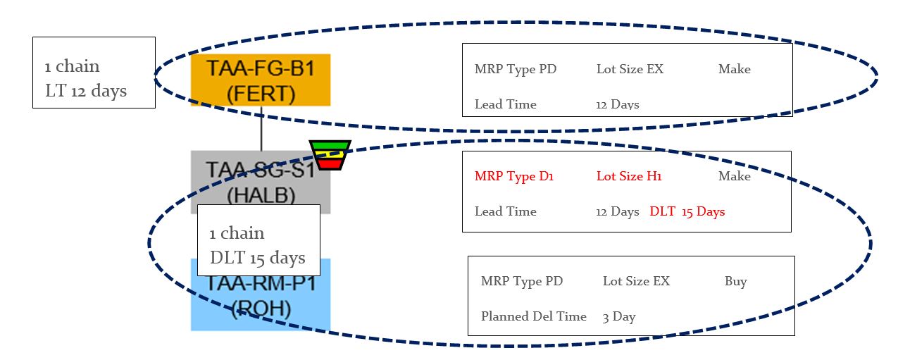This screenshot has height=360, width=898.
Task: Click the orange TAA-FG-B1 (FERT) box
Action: click(x=260, y=80)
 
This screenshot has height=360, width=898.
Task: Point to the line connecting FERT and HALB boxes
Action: click(x=261, y=128)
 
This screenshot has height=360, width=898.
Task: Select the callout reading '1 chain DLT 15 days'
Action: click(x=258, y=245)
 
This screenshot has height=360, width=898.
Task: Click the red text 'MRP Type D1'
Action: click(x=514, y=176)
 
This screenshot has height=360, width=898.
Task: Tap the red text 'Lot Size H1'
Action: click(x=629, y=176)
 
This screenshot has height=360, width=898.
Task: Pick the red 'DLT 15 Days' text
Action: click(x=687, y=211)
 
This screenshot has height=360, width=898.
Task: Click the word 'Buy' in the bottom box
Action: click(x=735, y=281)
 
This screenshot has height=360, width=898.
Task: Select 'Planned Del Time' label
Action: click(x=533, y=316)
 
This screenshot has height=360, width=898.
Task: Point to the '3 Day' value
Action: click(x=619, y=316)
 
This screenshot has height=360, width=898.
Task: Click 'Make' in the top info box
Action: click(x=734, y=69)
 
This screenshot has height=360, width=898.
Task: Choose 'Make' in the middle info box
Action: click(x=734, y=176)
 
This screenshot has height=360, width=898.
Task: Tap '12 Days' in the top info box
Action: click(x=617, y=104)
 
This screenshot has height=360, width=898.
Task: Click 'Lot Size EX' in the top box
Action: click(x=630, y=69)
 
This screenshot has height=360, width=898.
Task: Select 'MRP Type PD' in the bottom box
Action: click(x=522, y=281)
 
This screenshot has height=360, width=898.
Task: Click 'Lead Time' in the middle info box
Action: click(x=505, y=211)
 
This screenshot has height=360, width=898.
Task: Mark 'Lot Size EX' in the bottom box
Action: click(x=636, y=281)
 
